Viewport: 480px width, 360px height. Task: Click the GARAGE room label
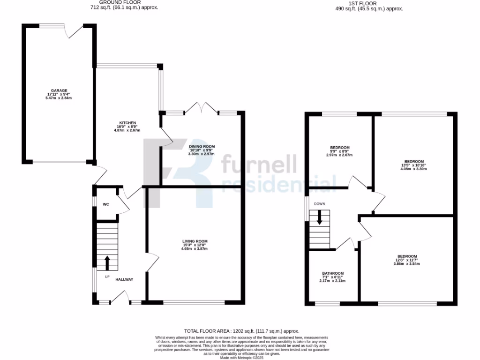(x=60, y=90)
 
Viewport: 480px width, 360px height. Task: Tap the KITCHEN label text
(x=127, y=123)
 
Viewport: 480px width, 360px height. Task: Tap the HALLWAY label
(x=124, y=279)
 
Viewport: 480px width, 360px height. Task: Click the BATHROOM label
(x=332, y=273)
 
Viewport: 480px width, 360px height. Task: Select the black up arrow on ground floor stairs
(x=107, y=263)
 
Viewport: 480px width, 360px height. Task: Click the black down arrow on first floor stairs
(x=320, y=217)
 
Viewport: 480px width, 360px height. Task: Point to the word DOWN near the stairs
(x=320, y=204)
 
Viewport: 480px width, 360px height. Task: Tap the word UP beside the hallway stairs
(x=107, y=277)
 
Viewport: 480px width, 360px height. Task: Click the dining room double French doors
(x=202, y=108)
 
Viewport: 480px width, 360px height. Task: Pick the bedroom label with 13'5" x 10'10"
(x=413, y=161)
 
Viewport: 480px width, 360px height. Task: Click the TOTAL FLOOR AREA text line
(x=240, y=331)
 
